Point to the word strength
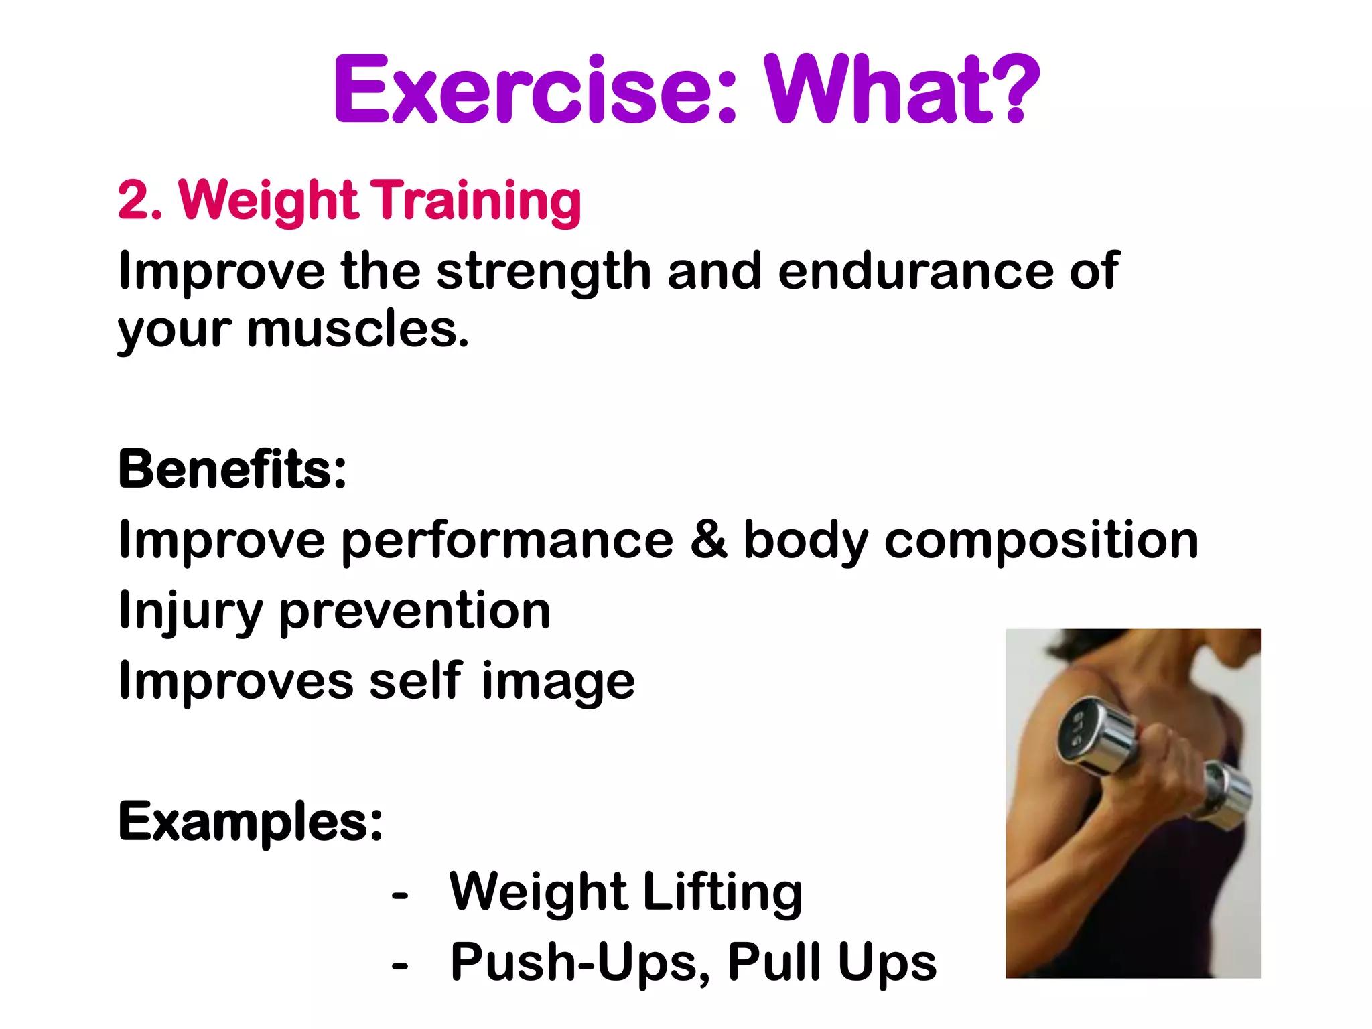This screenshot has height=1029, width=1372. click(x=544, y=271)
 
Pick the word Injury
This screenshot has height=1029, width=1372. click(x=190, y=611)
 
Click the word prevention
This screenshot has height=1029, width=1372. click(x=415, y=611)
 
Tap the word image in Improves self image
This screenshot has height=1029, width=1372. click(x=558, y=682)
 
